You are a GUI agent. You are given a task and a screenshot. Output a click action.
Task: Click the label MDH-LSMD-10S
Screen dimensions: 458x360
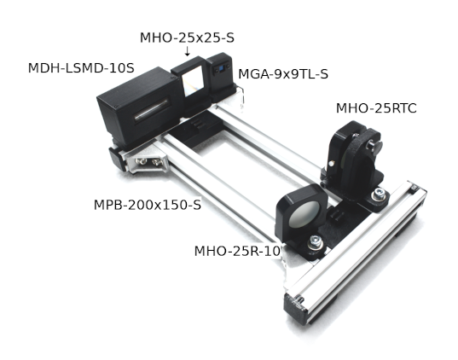(81, 68)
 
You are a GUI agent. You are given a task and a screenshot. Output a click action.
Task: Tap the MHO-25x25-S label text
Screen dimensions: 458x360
(187, 38)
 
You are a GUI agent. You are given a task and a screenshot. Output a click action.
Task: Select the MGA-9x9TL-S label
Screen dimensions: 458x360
(283, 74)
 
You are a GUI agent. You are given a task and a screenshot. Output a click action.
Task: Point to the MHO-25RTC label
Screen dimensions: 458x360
(376, 108)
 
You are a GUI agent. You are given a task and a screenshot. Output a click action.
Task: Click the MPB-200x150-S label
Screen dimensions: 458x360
(148, 205)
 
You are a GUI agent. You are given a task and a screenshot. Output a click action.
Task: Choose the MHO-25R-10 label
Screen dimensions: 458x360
(237, 251)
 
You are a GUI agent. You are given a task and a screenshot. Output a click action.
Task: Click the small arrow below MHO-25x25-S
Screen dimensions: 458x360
(188, 50)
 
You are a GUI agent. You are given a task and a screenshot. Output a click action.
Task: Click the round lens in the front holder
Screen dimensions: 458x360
(304, 214)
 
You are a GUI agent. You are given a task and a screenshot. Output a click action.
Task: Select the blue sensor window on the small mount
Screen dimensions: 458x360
(221, 69)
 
